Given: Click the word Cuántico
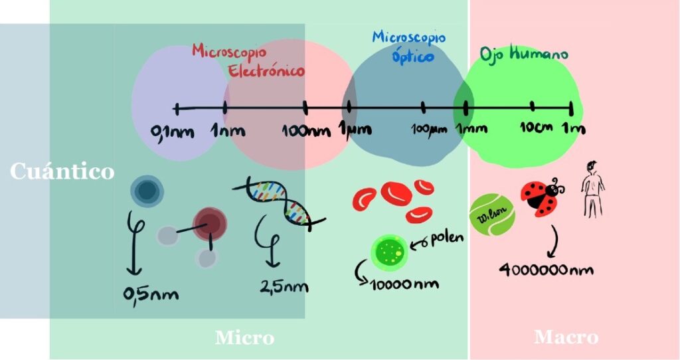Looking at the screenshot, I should tap(62, 171).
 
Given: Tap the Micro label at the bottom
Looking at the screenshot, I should tap(244, 337).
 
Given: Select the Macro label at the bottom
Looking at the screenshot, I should tap(566, 337).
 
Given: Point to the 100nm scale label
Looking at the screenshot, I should tap(306, 130).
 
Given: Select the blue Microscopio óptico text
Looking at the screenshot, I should tap(406, 46).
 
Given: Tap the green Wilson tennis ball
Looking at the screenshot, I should tap(492, 215).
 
